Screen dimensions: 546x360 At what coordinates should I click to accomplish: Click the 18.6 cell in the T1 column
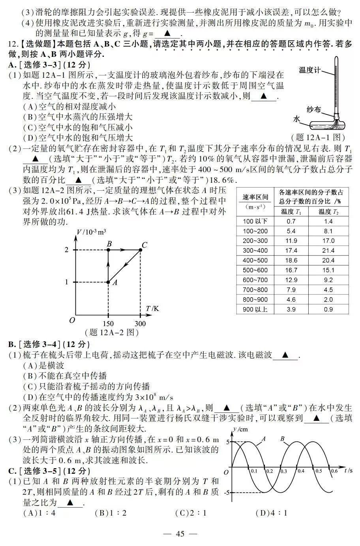(291, 261)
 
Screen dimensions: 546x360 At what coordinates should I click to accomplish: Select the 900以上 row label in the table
(255, 310)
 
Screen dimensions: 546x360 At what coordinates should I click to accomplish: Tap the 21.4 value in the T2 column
(328, 251)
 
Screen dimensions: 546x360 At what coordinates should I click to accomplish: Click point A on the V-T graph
(109, 282)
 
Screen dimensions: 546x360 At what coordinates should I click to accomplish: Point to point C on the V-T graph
(141, 250)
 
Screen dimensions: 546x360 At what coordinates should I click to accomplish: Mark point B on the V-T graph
(109, 250)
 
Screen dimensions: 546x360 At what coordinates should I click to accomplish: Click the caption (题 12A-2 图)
(112, 333)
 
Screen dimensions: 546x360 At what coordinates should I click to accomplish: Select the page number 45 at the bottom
(180, 534)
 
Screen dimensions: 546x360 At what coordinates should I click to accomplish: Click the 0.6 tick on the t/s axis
(334, 471)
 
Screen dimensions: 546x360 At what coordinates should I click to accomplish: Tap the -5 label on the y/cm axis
(226, 493)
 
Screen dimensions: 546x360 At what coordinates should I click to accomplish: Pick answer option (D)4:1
(271, 513)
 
